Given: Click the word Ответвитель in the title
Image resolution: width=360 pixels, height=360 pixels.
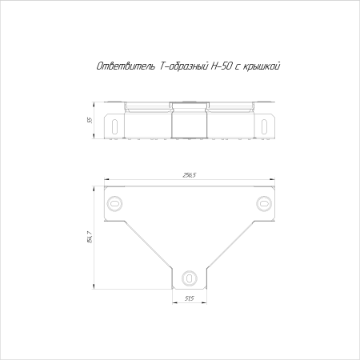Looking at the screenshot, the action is (x=126, y=66).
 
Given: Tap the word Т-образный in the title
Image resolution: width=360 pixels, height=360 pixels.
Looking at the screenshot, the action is (x=184, y=66).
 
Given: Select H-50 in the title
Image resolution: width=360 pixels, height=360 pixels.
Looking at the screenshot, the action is (x=222, y=66).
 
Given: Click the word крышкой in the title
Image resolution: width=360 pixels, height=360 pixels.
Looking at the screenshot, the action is (x=262, y=66).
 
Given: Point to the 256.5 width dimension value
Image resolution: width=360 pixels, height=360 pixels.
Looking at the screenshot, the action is (x=190, y=175).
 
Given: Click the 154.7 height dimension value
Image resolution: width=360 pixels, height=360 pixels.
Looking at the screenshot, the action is (x=90, y=237).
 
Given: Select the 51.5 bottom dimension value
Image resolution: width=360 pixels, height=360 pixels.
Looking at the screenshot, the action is (x=190, y=298).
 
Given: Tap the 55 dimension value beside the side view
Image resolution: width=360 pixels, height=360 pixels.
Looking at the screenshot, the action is (x=90, y=120).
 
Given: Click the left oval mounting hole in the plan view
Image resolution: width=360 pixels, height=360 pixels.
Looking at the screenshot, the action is (x=114, y=204).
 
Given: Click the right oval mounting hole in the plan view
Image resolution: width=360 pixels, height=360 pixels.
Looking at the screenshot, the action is (x=264, y=204).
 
